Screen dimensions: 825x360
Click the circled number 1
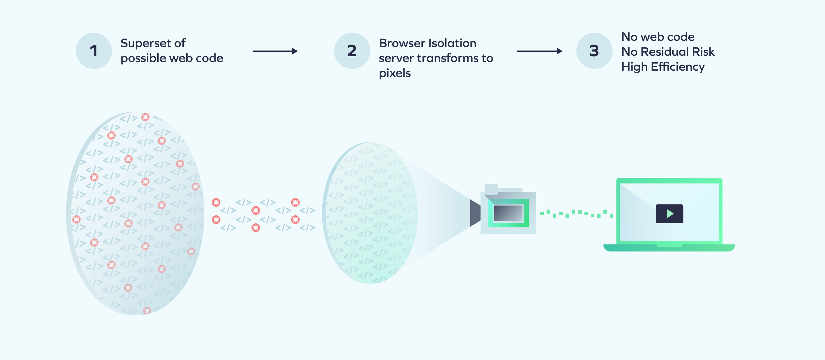pyautogui.click(x=94, y=51)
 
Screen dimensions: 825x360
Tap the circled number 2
pyautogui.click(x=352, y=51)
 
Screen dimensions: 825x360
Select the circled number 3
pyautogui.click(x=594, y=51)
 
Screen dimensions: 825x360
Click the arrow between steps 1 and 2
pyautogui.click(x=275, y=51)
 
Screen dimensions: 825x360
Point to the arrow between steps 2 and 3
pyautogui.click(x=540, y=51)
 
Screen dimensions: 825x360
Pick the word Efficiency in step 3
pyautogui.click(x=678, y=67)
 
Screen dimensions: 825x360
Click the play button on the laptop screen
pyautogui.click(x=669, y=214)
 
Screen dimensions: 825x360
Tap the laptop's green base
pyautogui.click(x=669, y=248)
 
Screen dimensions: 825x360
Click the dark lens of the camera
pyautogui.click(x=475, y=213)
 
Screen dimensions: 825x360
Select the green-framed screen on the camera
pyautogui.click(x=508, y=213)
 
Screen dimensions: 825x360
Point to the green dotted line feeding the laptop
pyautogui.click(x=576, y=214)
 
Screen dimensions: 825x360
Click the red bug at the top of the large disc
pyautogui.click(x=146, y=117)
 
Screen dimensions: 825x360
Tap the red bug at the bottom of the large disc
pyautogui.click(x=147, y=310)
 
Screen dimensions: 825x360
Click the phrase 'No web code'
pyautogui.click(x=658, y=37)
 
